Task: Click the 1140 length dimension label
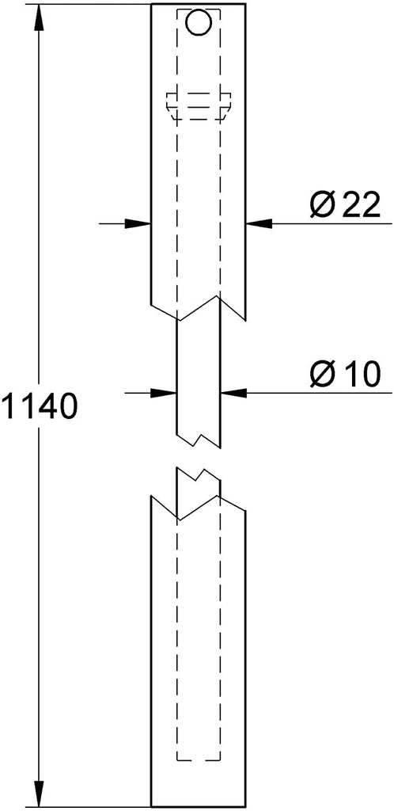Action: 40,406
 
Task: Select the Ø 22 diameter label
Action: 346,205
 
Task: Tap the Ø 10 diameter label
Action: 346,374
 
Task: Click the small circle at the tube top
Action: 199,23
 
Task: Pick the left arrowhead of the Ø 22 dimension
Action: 138,224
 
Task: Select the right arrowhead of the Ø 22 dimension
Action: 259,223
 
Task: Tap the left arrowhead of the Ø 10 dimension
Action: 164,393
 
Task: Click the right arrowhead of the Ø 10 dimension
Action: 233,393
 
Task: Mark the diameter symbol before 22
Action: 322,205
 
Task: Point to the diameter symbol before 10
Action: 322,374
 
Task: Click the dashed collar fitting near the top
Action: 199,107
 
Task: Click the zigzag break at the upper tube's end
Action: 199,308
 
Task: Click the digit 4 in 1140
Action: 49,406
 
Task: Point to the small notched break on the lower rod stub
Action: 199,475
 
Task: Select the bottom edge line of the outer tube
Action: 199,807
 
